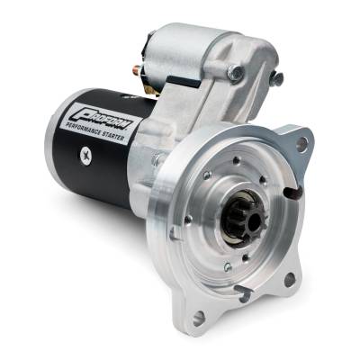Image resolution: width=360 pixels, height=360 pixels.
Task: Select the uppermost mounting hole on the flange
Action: (301, 142)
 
